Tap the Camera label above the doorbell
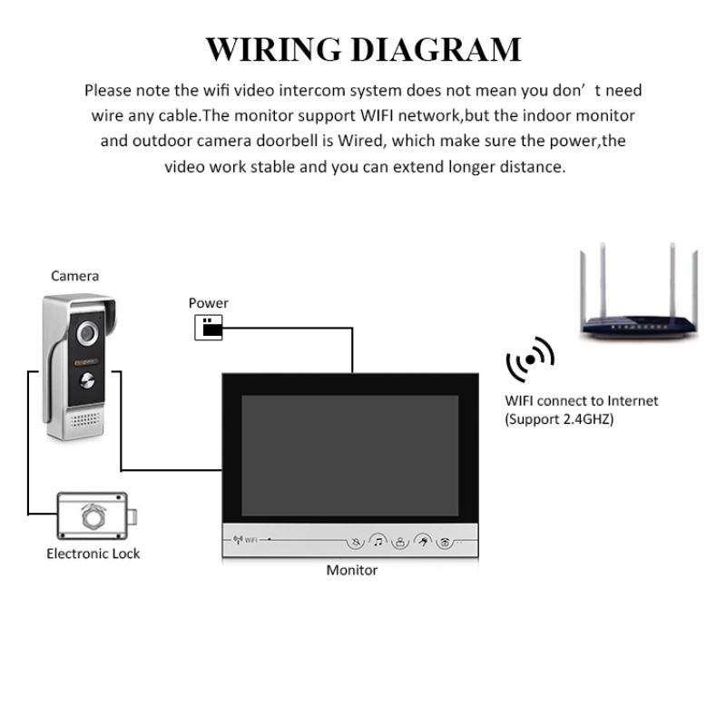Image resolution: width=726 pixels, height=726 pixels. [74, 276]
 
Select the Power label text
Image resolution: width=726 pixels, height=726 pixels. [209, 303]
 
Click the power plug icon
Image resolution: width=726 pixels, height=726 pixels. [209, 328]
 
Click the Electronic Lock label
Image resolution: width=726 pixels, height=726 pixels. [93, 554]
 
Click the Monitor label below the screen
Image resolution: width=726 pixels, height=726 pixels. [351, 570]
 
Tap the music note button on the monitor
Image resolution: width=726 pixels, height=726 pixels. [378, 542]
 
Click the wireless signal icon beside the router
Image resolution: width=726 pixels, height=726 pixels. [530, 361]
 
